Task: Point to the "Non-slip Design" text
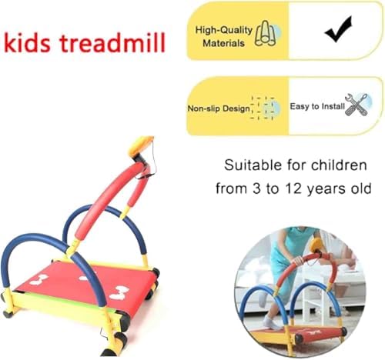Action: [219, 108]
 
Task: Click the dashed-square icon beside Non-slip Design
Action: [265, 108]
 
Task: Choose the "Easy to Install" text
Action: [316, 107]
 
